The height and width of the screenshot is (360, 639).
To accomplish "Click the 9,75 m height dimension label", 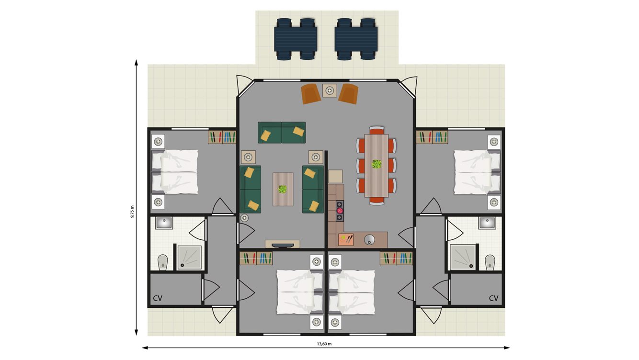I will click(x=132, y=211).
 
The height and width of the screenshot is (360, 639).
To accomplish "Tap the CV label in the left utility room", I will click(x=158, y=298).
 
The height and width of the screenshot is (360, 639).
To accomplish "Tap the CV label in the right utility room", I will click(x=493, y=298).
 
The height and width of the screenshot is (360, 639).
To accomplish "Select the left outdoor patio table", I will click(x=296, y=38).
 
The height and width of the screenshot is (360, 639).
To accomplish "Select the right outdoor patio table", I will click(x=356, y=38).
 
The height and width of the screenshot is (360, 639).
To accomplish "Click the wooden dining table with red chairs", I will click(x=377, y=165).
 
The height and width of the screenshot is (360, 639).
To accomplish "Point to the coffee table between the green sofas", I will click(x=283, y=189).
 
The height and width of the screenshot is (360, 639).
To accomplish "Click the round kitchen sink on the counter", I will click(x=370, y=239).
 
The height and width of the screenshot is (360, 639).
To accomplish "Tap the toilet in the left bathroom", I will click(x=162, y=262).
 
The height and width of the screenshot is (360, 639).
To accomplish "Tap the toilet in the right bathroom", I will click(x=490, y=262).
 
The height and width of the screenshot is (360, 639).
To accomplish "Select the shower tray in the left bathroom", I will click(x=189, y=258).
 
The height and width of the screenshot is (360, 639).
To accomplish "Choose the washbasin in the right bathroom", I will click(x=487, y=223).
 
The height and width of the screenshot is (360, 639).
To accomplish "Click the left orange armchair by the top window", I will click(x=311, y=94).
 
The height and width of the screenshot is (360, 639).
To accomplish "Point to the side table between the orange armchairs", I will click(x=330, y=90).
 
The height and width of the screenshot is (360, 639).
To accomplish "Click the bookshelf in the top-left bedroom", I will click(x=222, y=137).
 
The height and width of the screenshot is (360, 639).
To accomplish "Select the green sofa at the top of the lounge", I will click(x=282, y=133).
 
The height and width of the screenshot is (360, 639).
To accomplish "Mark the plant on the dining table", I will click(x=377, y=164).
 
